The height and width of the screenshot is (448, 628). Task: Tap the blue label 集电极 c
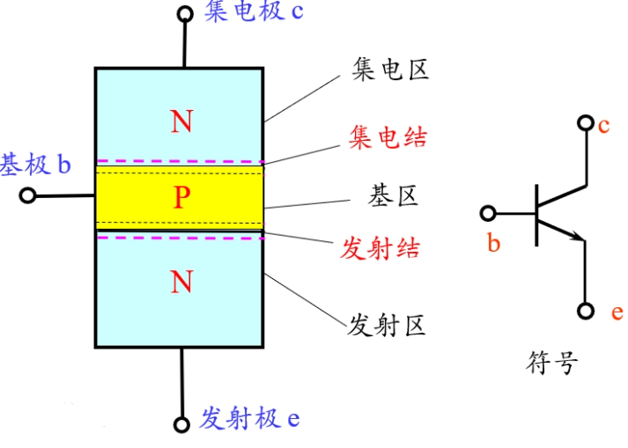coord(254,11)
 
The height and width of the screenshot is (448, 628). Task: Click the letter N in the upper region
coord(181,121)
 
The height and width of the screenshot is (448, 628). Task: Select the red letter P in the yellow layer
coord(181,197)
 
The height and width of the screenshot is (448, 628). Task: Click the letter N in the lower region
coord(181,282)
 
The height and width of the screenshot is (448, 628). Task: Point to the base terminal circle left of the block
coord(27,195)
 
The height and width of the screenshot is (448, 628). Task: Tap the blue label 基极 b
coord(35,164)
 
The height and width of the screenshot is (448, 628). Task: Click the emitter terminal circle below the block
coord(181,424)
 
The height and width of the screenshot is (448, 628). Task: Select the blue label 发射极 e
coord(249,418)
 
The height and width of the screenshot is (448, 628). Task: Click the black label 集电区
coord(390,70)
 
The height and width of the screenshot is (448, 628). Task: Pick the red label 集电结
coord(388,137)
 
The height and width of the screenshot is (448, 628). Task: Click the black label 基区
coord(393,195)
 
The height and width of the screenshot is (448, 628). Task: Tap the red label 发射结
coord(380,248)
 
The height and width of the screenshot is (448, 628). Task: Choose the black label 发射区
coord(386,325)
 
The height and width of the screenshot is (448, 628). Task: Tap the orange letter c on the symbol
coord(603,126)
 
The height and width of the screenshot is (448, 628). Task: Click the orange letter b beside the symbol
coord(494,243)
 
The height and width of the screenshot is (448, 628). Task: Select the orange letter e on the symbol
coord(617,312)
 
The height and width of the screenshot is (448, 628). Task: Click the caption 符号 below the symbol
coord(552,363)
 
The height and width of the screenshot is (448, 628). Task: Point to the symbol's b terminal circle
coord(488,213)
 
